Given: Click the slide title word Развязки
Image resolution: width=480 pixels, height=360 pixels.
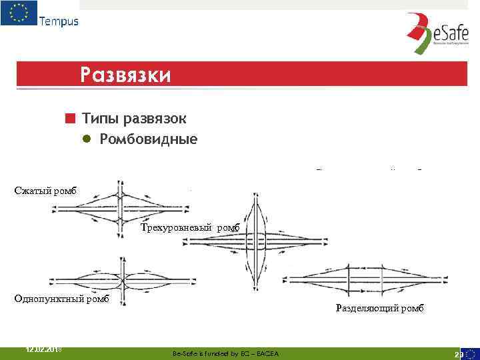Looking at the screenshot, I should pos(125,74).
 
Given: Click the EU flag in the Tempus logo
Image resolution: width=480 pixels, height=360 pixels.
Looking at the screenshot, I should pos(19,13).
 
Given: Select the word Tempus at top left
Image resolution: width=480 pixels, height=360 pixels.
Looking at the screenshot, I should pos(59,21).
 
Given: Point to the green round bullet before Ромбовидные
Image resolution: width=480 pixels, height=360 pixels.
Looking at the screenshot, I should pos(87,139).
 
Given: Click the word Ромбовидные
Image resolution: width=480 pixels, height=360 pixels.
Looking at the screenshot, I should pos(149,139).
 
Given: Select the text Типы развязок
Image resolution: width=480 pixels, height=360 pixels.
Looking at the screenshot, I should pos(134,119).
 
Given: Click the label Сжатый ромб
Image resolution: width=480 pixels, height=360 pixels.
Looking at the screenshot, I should pos(45,191).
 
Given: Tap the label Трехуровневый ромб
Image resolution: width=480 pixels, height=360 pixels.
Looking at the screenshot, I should pos(194,228).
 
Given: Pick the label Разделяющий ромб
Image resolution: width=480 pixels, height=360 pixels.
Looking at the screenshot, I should pos(379,309).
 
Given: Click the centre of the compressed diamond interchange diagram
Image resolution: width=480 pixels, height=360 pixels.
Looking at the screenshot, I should pos(120,208).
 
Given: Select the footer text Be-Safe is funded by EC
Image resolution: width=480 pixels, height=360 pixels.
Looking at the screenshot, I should pos(225,353).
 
